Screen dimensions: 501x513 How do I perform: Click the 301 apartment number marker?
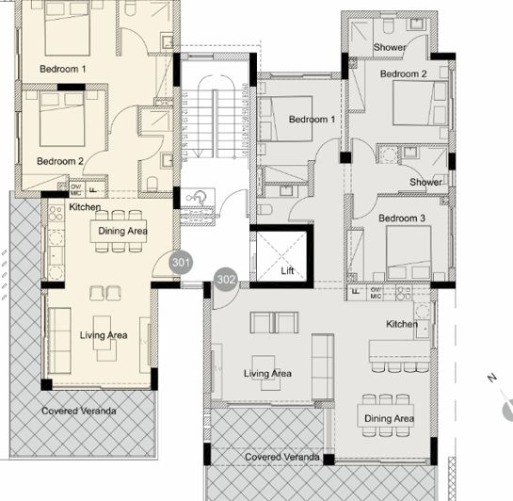181,263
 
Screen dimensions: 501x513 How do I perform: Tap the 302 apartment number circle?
225,280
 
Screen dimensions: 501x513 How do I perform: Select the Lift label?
288,271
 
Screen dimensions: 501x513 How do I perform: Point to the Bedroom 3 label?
402,218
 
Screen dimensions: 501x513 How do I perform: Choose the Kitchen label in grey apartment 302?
403,324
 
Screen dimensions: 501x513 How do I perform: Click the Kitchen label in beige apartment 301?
85,207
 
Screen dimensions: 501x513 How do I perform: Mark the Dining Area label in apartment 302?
389,419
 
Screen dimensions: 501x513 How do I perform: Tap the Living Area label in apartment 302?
267,374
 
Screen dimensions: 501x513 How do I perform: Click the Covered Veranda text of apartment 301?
79,412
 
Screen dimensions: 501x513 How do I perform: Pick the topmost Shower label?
389,47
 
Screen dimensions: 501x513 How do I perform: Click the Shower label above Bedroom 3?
425,182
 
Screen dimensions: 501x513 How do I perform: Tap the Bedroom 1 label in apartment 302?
312,120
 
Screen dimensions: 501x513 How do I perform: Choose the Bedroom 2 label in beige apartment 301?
60,161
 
